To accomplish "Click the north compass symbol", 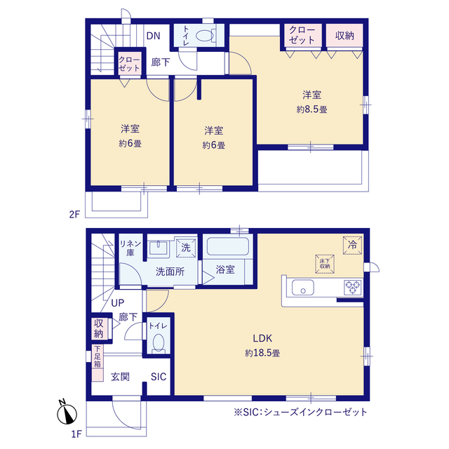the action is click(67, 413).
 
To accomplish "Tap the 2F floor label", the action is click(74, 214).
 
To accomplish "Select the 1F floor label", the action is click(76, 434).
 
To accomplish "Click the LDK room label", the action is click(262, 338).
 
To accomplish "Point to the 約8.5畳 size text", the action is click(311, 109).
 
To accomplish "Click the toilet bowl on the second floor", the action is click(206, 35).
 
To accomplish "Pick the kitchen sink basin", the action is click(302, 288).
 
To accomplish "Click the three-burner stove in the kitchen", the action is click(353, 288).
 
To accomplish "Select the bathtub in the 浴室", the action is click(227, 246).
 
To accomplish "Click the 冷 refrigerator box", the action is click(352, 245).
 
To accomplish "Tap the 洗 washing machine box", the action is click(186, 247).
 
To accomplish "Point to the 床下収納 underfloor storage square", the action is click(325, 264).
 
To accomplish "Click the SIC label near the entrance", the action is click(159, 377).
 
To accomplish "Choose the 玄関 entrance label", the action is click(120, 377).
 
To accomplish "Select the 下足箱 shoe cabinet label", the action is click(98, 356).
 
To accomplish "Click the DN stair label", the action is click(153, 36).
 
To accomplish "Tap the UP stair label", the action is click(117, 302).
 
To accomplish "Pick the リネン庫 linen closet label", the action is click(130, 248).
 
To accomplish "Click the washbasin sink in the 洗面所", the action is click(159, 248).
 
